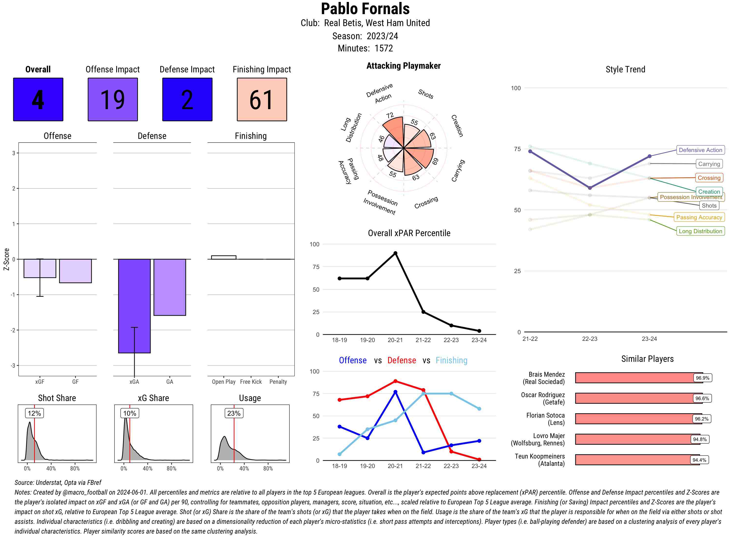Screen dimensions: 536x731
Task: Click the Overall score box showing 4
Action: (x=38, y=99)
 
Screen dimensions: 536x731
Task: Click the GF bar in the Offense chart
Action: (x=75, y=271)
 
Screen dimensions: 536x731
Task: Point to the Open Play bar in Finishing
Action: (x=223, y=257)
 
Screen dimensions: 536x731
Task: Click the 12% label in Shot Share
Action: (x=34, y=413)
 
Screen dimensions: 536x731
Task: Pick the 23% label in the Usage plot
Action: (x=234, y=413)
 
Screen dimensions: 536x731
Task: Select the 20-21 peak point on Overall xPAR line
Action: (x=395, y=253)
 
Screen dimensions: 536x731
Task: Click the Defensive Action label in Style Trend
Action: (x=700, y=150)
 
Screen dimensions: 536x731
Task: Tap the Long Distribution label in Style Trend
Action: (x=700, y=231)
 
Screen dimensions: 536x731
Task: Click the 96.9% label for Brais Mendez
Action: (x=702, y=378)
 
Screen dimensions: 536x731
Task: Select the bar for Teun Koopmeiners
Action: (x=637, y=459)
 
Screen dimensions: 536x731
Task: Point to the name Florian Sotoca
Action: (x=545, y=415)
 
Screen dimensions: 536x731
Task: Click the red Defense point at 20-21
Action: (x=395, y=381)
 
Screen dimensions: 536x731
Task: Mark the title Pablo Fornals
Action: (x=365, y=9)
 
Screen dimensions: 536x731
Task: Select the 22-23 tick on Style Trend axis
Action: (x=589, y=339)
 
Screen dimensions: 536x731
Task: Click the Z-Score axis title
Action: (x=6, y=259)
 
